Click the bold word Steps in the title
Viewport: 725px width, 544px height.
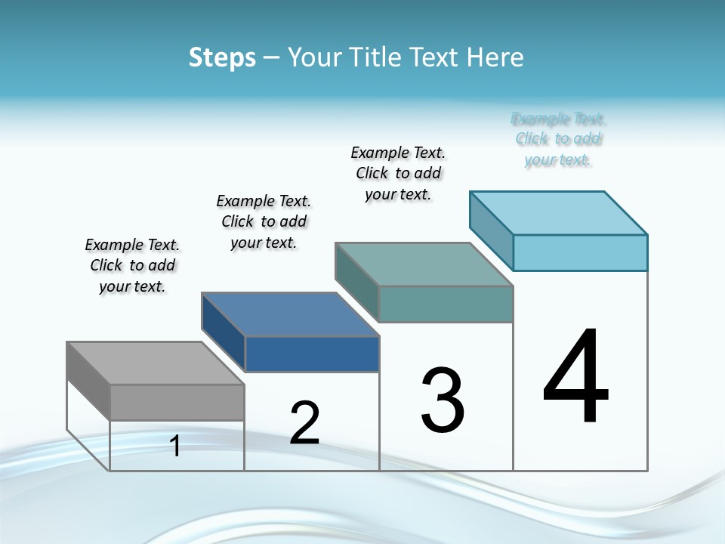pos(222,57)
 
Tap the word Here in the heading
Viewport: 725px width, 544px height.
pos(495,57)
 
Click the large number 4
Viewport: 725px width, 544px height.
pos(575,377)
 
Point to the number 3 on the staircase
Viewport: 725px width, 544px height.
pos(443,400)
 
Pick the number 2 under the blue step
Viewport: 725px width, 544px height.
pos(304,423)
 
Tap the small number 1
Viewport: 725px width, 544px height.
pos(175,446)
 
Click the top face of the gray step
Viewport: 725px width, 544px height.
pos(155,363)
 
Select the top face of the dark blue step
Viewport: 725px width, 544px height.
pos(289,314)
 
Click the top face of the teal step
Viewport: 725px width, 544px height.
pos(424,264)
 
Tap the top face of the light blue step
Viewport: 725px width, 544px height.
pos(558,213)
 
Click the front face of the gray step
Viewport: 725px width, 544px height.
pos(177,402)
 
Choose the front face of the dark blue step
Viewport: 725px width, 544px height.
pos(311,354)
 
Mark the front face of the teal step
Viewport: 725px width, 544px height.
pos(446,304)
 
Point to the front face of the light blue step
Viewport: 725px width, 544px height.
pos(580,252)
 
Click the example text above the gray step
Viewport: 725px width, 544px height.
pos(132,265)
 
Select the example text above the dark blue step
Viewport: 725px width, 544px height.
pos(264,221)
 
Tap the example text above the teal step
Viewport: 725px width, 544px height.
pos(398,173)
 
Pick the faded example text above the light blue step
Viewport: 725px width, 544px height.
pos(558,139)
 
